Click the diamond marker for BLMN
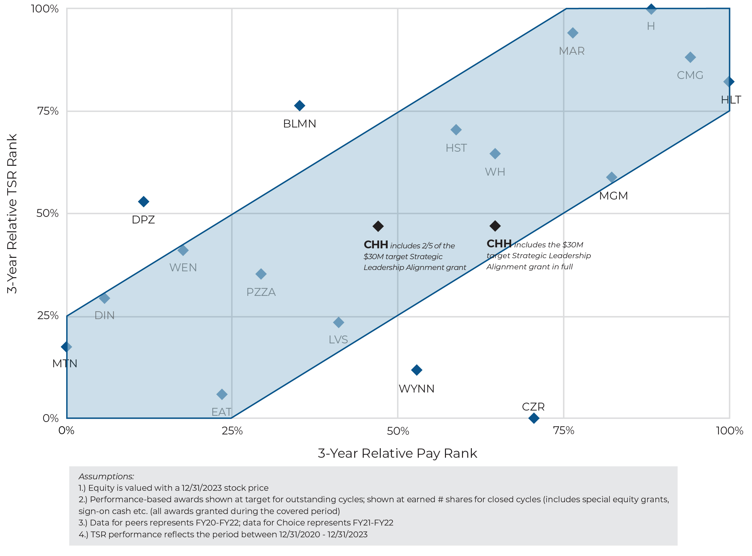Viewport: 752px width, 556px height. pyautogui.click(x=299, y=106)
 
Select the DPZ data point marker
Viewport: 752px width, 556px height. pyautogui.click(x=144, y=202)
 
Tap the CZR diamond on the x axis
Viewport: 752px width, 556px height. pyautogui.click(x=534, y=418)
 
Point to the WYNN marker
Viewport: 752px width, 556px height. pyautogui.click(x=417, y=370)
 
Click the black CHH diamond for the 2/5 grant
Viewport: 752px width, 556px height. pyautogui.click(x=378, y=226)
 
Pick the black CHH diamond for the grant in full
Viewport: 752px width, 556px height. pyautogui.click(x=495, y=226)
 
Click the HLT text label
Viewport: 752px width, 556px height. pyautogui.click(x=731, y=100)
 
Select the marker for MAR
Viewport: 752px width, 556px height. pyautogui.click(x=572, y=33)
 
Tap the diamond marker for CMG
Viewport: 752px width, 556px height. pyautogui.click(x=690, y=57)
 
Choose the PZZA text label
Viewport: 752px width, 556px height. pyautogui.click(x=261, y=292)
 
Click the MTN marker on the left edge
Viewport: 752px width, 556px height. pyautogui.click(x=67, y=347)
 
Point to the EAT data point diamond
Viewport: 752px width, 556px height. pyautogui.click(x=222, y=394)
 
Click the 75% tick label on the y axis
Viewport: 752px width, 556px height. pyautogui.click(x=48, y=111)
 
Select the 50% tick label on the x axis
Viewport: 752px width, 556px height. pyautogui.click(x=398, y=431)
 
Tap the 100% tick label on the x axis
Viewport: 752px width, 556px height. pyautogui.click(x=729, y=431)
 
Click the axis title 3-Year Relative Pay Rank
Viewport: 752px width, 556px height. pyautogui.click(x=397, y=454)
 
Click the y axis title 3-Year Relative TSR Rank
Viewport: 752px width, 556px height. pyautogui.click(x=12, y=214)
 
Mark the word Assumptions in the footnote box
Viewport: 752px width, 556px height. pyautogui.click(x=106, y=477)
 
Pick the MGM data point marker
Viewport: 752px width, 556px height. pyautogui.click(x=612, y=177)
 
